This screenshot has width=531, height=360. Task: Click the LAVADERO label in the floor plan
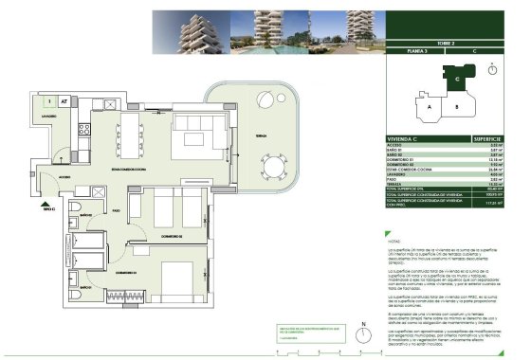tap(51, 117)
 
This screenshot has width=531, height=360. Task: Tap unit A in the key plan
tap(431, 107)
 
